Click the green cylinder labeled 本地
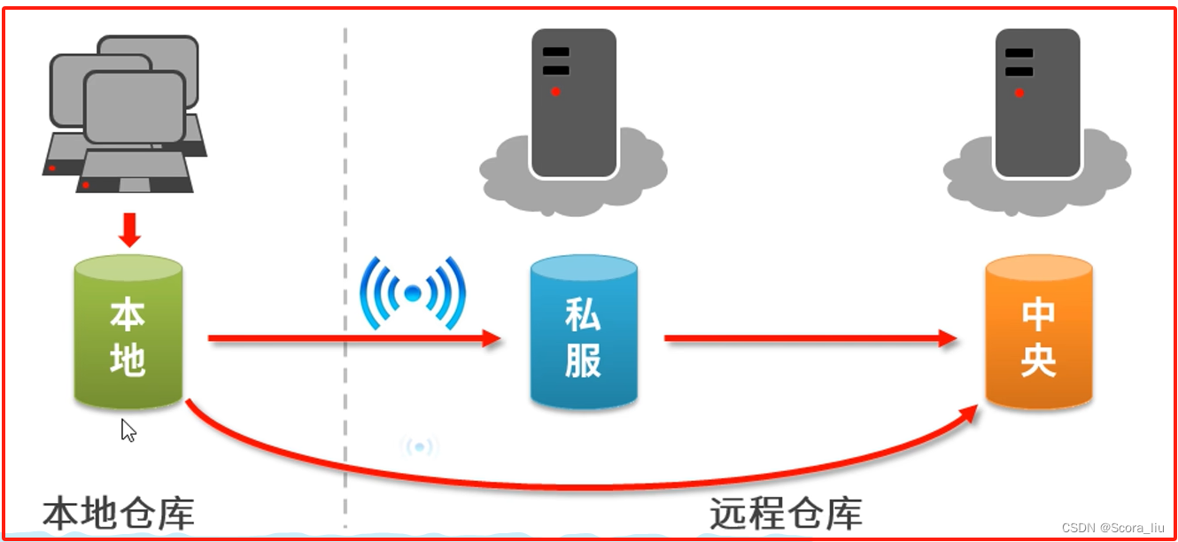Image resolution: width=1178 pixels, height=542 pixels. (x=128, y=333)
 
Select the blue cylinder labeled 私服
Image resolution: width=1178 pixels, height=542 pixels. (x=584, y=333)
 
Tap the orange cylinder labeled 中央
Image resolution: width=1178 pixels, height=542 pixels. (x=1038, y=333)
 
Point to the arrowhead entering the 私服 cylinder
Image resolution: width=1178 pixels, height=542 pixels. (x=491, y=337)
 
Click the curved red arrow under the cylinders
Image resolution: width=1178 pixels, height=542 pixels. (x=567, y=483)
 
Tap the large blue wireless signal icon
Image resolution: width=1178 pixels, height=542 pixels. (x=413, y=292)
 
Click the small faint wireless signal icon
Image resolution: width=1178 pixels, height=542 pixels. (x=419, y=446)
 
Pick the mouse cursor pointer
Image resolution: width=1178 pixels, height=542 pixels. (x=128, y=430)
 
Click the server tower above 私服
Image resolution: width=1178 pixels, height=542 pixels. (x=573, y=102)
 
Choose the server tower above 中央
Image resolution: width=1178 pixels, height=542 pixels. (x=1037, y=102)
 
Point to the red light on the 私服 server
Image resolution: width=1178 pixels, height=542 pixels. (x=555, y=91)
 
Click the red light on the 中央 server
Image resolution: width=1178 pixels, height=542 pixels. (x=1019, y=92)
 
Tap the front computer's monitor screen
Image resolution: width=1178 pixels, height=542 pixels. (x=135, y=107)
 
